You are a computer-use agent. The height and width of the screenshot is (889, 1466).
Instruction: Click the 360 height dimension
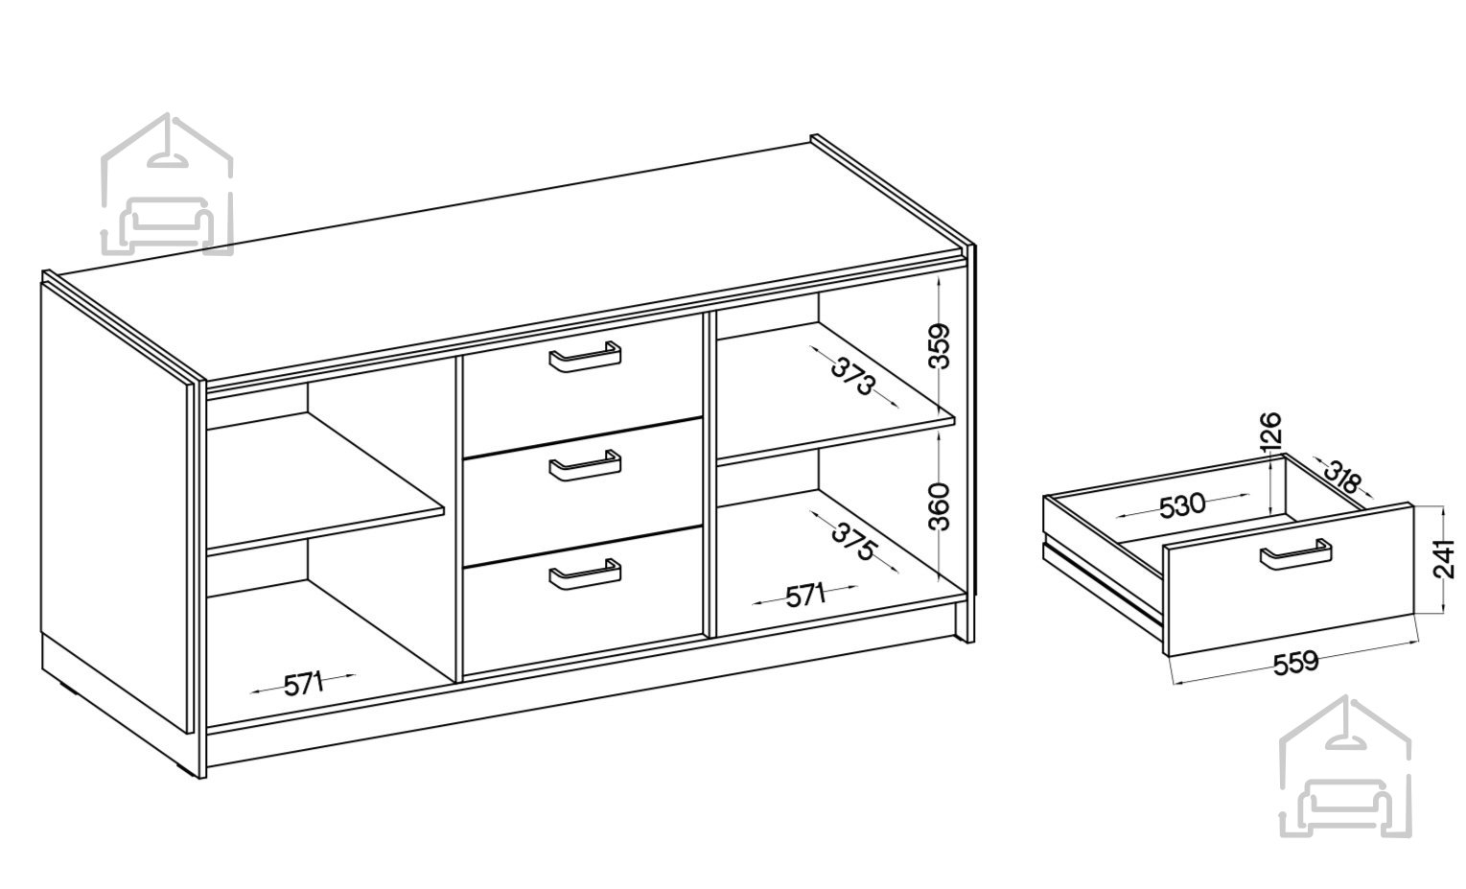(x=940, y=506)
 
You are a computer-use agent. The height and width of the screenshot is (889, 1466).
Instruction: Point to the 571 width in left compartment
(x=304, y=685)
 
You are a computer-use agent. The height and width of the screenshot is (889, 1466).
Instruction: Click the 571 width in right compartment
(x=805, y=596)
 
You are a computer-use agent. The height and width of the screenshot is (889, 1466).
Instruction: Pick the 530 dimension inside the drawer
(x=1182, y=506)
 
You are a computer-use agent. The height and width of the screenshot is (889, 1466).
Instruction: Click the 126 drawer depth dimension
(x=1269, y=433)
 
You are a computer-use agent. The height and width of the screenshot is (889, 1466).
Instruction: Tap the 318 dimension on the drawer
(x=1342, y=478)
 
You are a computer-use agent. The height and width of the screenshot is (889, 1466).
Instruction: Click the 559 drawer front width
(x=1296, y=663)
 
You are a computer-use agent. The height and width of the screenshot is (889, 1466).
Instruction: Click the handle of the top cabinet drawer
(x=585, y=357)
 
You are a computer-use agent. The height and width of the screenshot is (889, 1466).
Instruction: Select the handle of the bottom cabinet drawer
(x=585, y=574)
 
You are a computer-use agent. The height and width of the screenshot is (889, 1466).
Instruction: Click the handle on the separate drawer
(x=1296, y=555)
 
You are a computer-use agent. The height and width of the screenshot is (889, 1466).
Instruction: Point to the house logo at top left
(x=167, y=184)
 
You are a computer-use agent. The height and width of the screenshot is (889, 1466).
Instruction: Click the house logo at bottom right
(x=1345, y=767)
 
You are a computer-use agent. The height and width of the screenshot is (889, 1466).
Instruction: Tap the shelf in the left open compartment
(x=325, y=483)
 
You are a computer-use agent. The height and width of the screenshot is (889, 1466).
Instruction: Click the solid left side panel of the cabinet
(x=114, y=507)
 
